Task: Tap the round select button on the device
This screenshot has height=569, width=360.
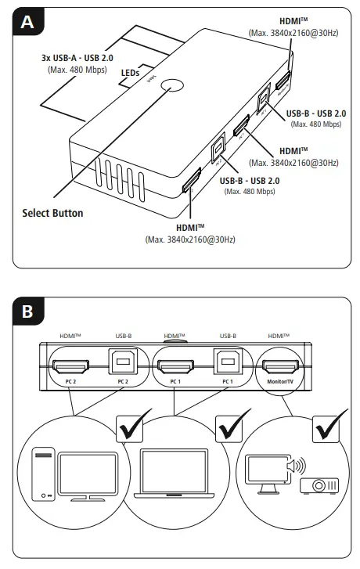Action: click(x=173, y=88)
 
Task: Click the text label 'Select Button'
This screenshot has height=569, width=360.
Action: click(x=52, y=212)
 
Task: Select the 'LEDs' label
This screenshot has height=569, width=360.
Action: click(x=131, y=72)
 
